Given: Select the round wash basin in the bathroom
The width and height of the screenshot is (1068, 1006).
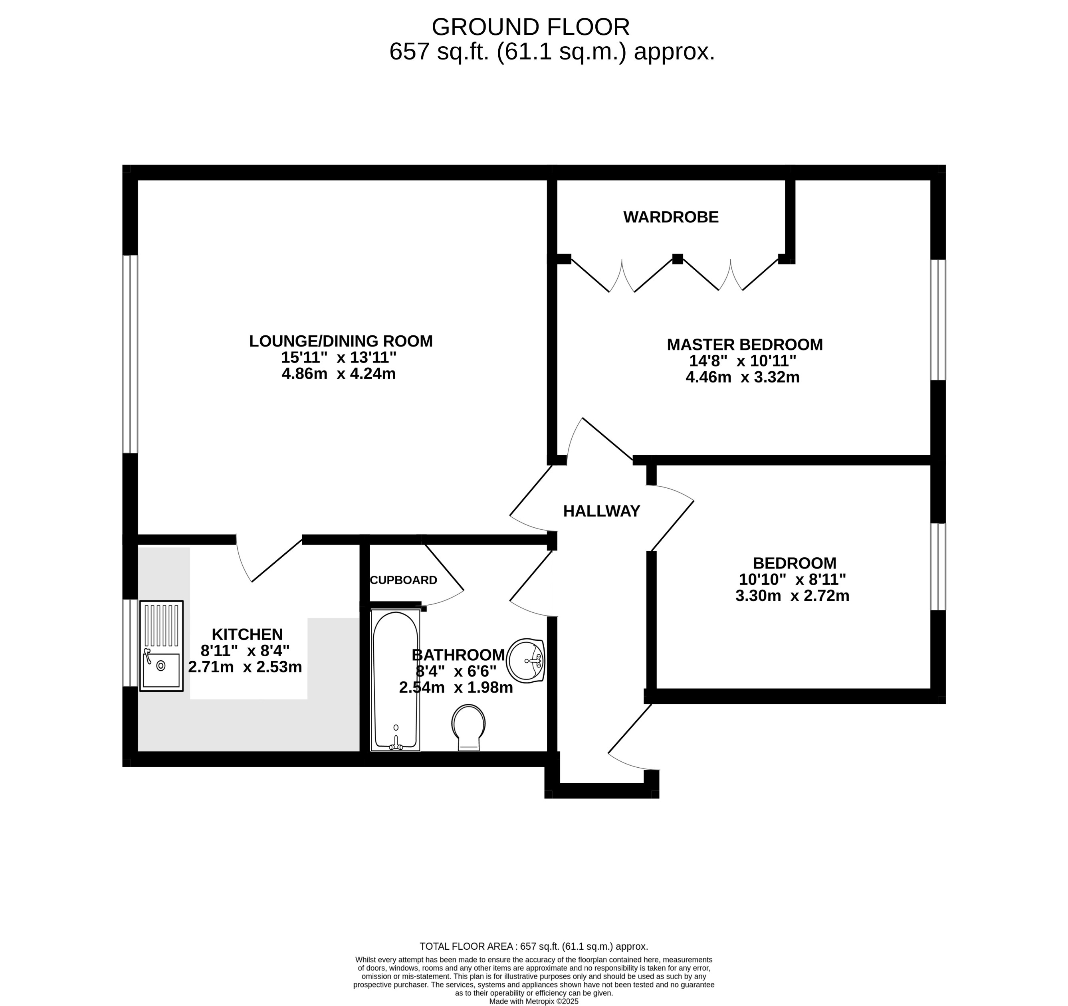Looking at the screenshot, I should pyautogui.click(x=527, y=660).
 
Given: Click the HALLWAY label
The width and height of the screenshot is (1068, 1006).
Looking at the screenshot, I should pyautogui.click(x=601, y=511).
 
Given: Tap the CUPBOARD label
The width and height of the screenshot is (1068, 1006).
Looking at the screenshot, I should pyautogui.click(x=404, y=580).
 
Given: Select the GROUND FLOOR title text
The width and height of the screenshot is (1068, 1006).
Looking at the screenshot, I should pyautogui.click(x=530, y=27).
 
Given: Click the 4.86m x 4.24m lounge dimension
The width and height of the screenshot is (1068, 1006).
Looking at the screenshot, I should pyautogui.click(x=339, y=374).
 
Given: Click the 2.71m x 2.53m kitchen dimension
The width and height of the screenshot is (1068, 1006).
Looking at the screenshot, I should pyautogui.click(x=245, y=667).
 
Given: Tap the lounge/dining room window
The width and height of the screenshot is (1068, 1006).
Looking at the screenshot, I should pyautogui.click(x=130, y=354).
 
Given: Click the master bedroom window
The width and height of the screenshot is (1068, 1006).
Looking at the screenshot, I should pyautogui.click(x=937, y=320).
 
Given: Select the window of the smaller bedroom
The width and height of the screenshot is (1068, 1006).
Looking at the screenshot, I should pyautogui.click(x=937, y=566).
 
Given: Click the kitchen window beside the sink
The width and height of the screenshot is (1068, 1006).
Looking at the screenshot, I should pyautogui.click(x=130, y=643).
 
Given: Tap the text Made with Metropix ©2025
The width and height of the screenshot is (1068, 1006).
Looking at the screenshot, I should pyautogui.click(x=533, y=1001).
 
